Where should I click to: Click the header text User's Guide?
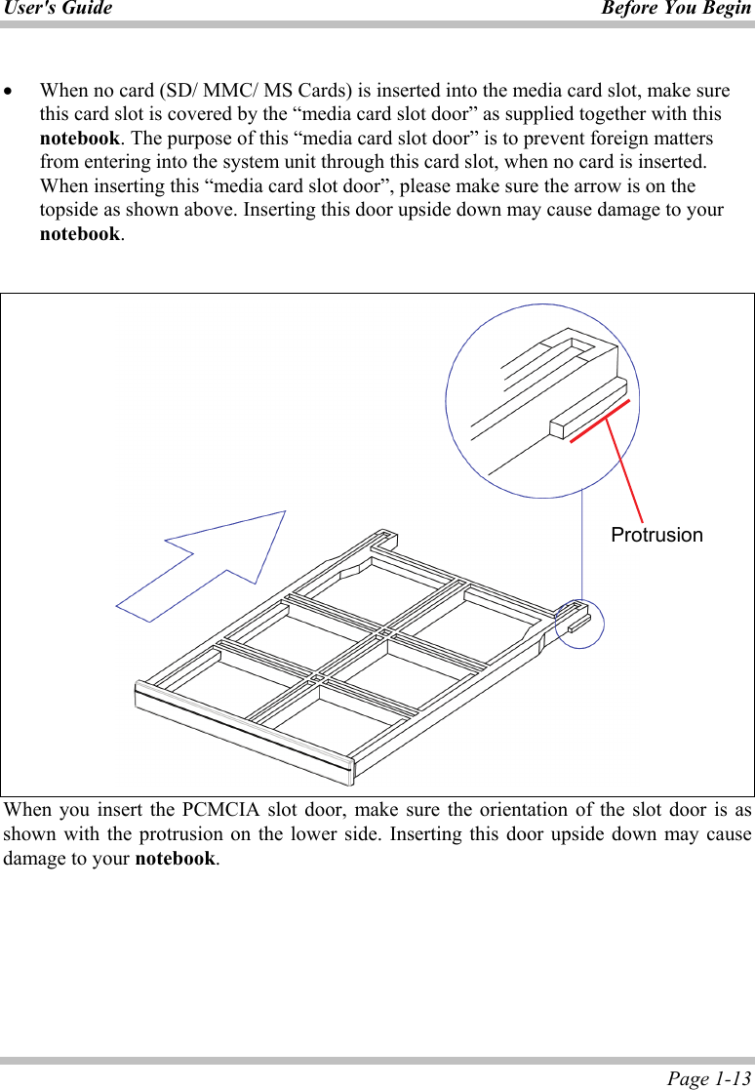click(x=57, y=9)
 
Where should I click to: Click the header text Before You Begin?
click(x=676, y=9)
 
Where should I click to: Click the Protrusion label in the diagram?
click(x=656, y=535)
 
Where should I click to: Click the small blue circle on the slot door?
click(x=579, y=624)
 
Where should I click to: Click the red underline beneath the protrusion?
click(x=600, y=421)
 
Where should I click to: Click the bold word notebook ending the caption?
click(x=175, y=860)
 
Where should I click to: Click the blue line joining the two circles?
click(x=582, y=546)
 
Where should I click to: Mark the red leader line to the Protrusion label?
click(x=624, y=466)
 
